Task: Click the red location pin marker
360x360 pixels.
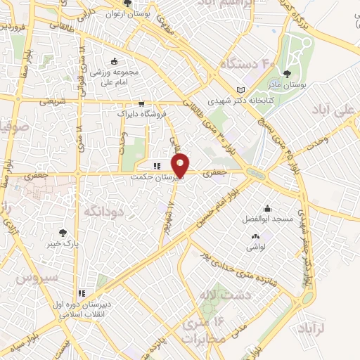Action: click(x=181, y=167)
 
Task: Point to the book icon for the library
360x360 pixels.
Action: click(x=241, y=90)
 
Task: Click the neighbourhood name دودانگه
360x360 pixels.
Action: click(x=104, y=210)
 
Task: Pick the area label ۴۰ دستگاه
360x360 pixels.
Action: click(x=229, y=63)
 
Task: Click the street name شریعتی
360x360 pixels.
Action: click(x=51, y=101)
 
